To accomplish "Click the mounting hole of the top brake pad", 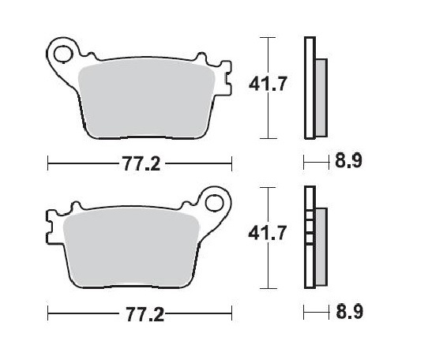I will click(60, 54).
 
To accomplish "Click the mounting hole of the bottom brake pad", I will click(213, 203).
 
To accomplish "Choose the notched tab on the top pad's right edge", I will click(227, 80).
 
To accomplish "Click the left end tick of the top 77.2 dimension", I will click(49, 164).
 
